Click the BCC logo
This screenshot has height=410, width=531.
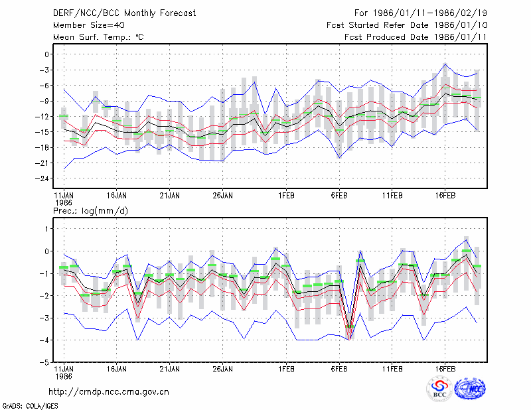[x=439, y=389]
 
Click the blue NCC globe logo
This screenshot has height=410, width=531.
[x=470, y=389]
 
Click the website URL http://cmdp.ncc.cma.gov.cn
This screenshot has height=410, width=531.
[x=109, y=391]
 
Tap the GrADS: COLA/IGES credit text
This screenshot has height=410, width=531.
[x=30, y=406]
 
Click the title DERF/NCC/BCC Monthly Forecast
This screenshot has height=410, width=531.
[x=124, y=13]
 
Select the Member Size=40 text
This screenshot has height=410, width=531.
[x=89, y=25]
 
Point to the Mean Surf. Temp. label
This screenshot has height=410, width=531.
[x=98, y=37]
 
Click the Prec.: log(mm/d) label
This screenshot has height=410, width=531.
[x=90, y=211]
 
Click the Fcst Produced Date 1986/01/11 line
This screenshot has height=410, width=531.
[x=416, y=37]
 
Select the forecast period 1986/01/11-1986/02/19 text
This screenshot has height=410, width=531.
[x=430, y=13]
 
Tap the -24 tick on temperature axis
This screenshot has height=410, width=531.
[x=42, y=178]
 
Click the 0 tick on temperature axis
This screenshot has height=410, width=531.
[x=46, y=54]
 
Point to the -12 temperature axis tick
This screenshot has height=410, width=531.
[x=42, y=117]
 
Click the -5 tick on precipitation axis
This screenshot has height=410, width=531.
[x=44, y=362]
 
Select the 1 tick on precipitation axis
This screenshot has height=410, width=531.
[x=47, y=229]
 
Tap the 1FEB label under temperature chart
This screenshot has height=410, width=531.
[x=286, y=196]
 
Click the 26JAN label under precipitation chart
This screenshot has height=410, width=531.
[x=222, y=369]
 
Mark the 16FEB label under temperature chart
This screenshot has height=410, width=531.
[x=445, y=196]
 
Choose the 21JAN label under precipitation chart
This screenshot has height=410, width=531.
[x=169, y=369]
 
